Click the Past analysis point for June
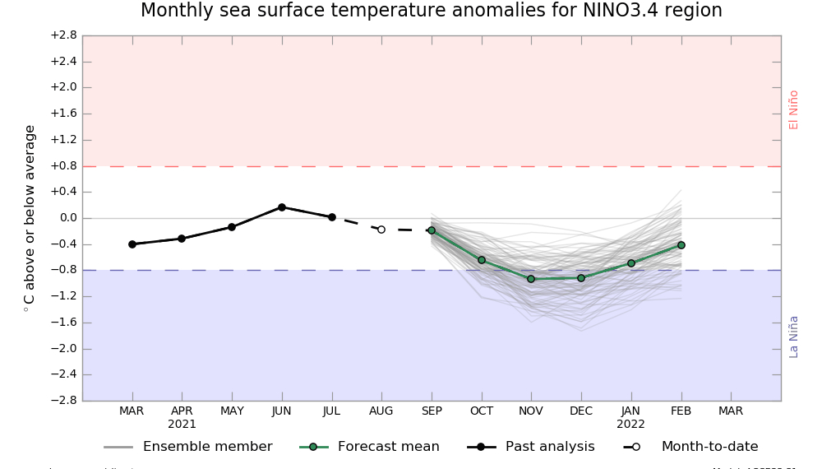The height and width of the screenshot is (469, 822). (282, 207)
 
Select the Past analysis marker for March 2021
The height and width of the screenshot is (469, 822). (132, 244)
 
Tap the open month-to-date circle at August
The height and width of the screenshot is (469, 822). (381, 230)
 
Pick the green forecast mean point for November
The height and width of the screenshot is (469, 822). (531, 279)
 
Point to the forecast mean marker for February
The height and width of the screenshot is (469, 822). (681, 245)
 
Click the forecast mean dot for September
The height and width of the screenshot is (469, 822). (432, 230)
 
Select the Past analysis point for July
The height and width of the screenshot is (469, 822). (332, 217)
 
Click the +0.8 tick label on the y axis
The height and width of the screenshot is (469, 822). (63, 166)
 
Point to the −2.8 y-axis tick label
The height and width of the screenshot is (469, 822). (63, 401)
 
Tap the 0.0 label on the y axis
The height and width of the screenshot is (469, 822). (67, 218)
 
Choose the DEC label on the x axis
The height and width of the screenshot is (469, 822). (581, 411)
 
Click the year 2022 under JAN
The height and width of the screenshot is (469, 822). (631, 425)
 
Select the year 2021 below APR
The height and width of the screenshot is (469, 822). (182, 425)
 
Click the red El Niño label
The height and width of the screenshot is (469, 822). (794, 109)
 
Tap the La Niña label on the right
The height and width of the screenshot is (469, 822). (794, 337)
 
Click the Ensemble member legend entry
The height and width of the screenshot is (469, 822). (207, 447)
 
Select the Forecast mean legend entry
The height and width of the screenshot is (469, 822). (388, 447)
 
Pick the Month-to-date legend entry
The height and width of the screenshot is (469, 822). (709, 447)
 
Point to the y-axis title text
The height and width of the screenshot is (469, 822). (30, 218)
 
